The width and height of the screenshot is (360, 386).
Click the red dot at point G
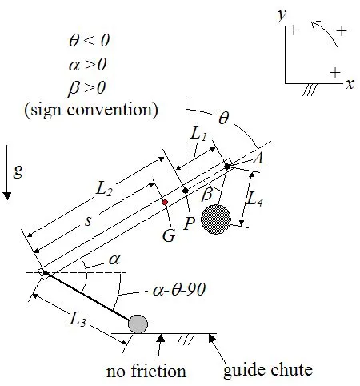coord(165,201)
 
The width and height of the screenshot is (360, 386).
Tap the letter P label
coord(190,223)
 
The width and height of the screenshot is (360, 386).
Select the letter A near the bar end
coord(258,159)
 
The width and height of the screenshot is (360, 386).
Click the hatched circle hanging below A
coord(216,219)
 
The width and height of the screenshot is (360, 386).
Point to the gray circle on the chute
coord(138,324)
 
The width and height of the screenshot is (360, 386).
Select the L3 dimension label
coord(78,320)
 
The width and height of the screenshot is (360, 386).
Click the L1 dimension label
coord(200,137)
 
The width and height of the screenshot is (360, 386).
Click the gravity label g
coord(18,171)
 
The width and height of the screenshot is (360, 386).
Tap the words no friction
coord(146,371)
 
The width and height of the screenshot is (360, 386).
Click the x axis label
coord(350,83)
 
